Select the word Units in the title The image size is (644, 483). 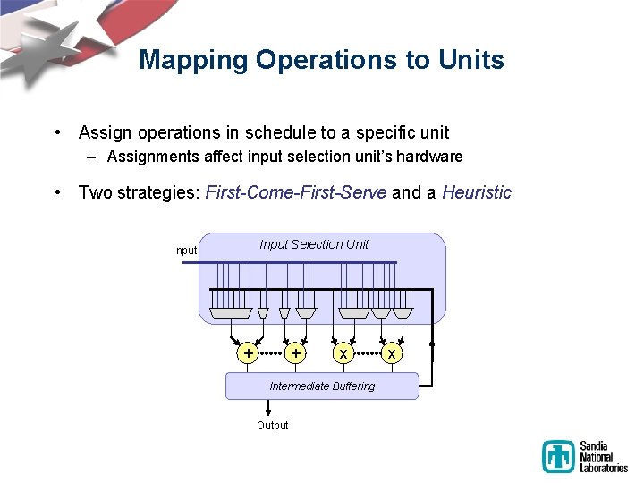[470, 61]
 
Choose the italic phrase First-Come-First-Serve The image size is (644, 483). [296, 192]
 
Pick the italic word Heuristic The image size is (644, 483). [477, 192]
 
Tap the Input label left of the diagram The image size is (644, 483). [184, 250]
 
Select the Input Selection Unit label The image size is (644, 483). [314, 244]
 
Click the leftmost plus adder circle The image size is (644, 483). [247, 353]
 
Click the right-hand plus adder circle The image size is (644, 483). [295, 353]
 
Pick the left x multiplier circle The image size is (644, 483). [343, 353]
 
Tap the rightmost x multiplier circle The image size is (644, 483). [391, 353]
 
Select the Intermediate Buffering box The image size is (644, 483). [322, 386]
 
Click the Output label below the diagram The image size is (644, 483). [272, 426]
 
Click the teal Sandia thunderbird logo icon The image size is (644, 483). [558, 456]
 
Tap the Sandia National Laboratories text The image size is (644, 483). [604, 456]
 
